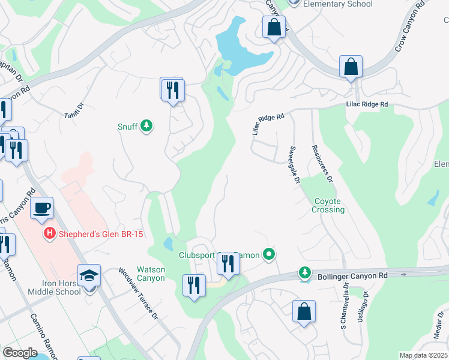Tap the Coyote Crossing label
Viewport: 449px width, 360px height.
coord(328,206)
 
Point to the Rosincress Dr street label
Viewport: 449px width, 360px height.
coord(321,163)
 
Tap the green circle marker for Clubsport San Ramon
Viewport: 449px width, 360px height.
coord(270,255)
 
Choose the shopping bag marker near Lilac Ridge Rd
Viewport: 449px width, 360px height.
coord(351,67)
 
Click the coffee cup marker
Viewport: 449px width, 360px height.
coord(41,208)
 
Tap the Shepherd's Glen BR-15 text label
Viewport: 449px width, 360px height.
coord(100,234)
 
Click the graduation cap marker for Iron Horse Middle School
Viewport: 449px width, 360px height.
coord(89,276)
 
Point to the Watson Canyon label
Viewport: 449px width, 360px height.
coord(151,274)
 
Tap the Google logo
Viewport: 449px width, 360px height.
coord(20,353)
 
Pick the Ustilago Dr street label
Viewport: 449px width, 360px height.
coord(363,308)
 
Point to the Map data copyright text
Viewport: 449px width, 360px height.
coord(424,355)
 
